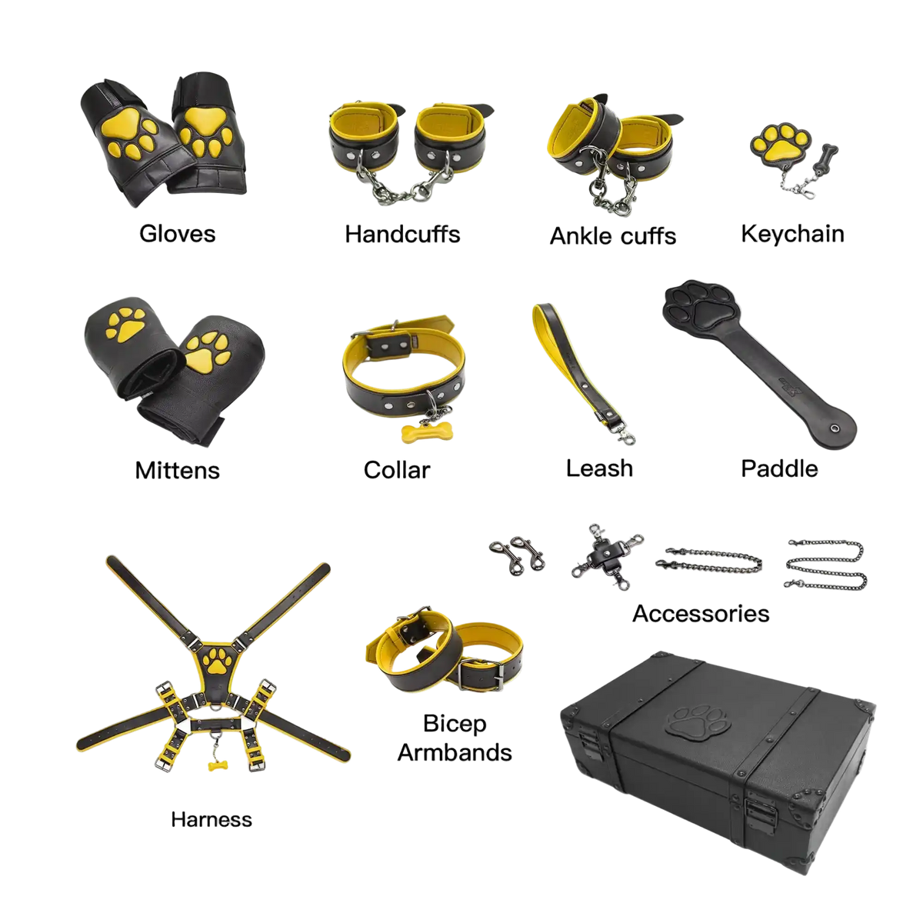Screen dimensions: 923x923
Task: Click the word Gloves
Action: [177, 234]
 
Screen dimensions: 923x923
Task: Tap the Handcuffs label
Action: [402, 235]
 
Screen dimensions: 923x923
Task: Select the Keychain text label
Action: [792, 235]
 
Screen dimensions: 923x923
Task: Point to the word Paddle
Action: [779, 468]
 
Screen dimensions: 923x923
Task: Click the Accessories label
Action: [701, 614]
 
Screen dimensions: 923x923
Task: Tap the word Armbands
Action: [455, 752]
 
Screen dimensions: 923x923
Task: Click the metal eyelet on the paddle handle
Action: [835, 428]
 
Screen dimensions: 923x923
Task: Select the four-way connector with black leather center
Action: [608, 556]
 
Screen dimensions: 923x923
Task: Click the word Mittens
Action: [177, 471]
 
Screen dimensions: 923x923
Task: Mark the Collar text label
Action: [397, 470]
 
